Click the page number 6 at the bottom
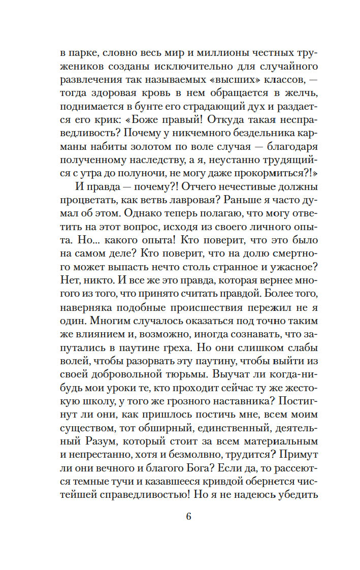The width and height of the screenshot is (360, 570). [188, 517]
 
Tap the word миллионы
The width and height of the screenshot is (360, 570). [195, 52]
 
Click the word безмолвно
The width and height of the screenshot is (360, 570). [200, 449]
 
